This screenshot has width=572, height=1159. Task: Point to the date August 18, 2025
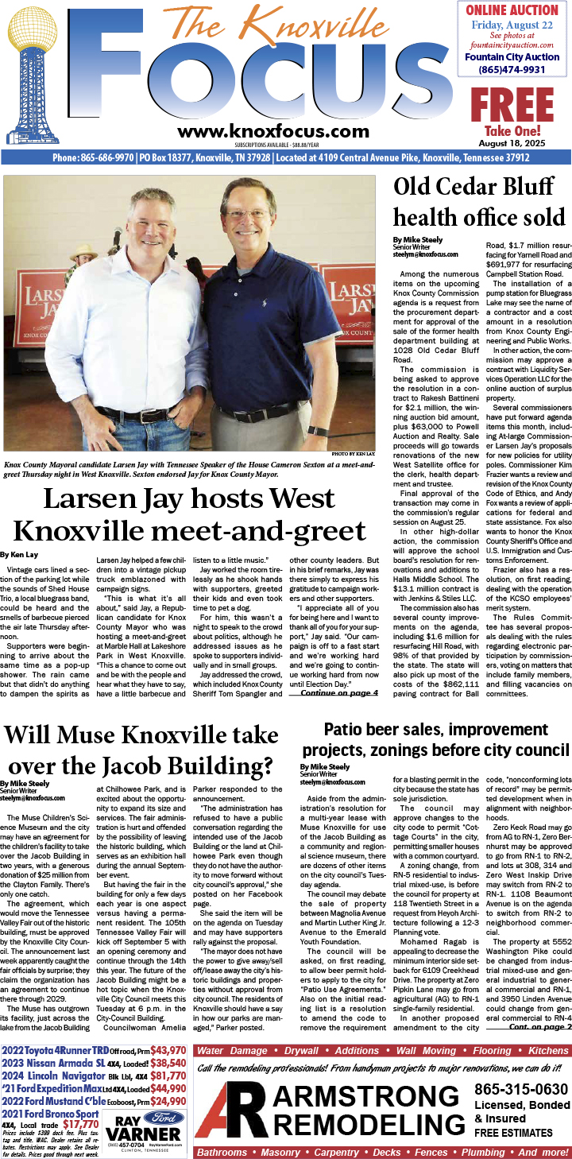[512, 143]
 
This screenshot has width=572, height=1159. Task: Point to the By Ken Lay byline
[19, 553]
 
